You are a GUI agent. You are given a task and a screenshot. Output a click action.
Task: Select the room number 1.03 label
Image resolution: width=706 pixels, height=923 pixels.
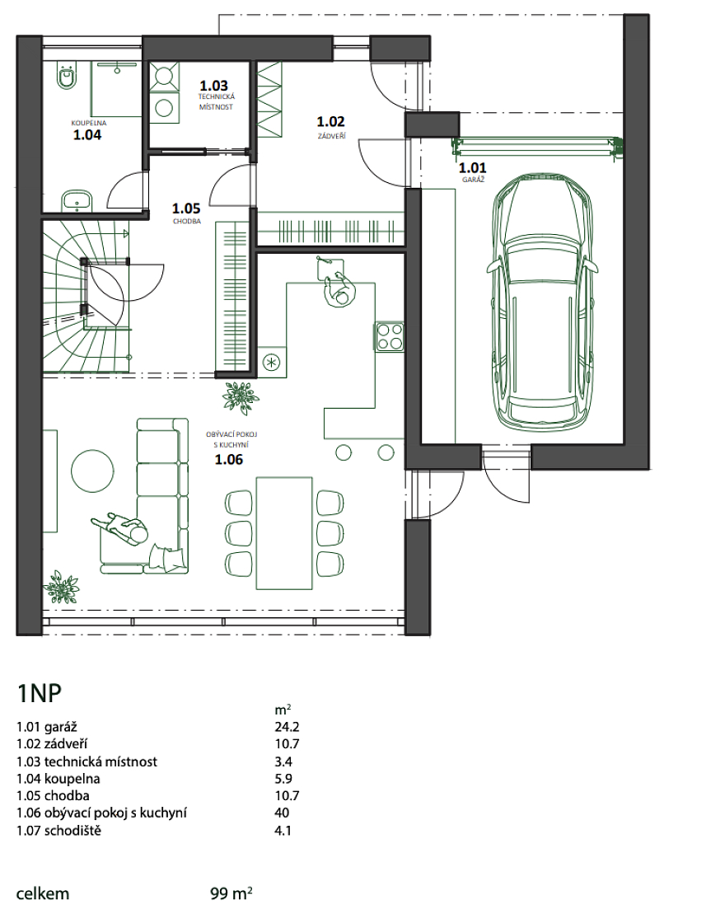pyautogui.click(x=213, y=86)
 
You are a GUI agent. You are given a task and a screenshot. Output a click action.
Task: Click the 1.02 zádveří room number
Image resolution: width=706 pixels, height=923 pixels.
pyautogui.click(x=330, y=122)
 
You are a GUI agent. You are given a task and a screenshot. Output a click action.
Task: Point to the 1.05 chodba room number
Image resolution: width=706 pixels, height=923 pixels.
pyautogui.click(x=186, y=208)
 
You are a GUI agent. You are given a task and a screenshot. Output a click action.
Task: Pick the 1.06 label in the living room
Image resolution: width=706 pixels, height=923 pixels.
pyautogui.click(x=229, y=460)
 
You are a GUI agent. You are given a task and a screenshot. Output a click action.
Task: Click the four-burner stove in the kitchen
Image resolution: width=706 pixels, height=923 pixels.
pyautogui.click(x=389, y=337)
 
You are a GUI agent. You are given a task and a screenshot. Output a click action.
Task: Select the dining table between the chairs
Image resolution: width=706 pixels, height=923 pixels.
pyautogui.click(x=284, y=532)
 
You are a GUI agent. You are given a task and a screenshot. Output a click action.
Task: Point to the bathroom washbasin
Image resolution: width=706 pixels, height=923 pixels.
pyautogui.click(x=77, y=200)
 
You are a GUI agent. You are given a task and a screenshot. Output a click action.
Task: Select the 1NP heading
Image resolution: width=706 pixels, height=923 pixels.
pyautogui.click(x=39, y=694)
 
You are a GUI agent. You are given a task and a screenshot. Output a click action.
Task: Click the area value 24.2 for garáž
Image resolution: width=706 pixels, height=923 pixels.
pyautogui.click(x=288, y=728)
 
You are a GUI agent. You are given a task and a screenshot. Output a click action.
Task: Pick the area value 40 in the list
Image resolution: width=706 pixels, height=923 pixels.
pyautogui.click(x=282, y=813)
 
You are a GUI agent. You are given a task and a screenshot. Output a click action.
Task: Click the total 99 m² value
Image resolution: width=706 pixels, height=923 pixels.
pyautogui.click(x=231, y=893)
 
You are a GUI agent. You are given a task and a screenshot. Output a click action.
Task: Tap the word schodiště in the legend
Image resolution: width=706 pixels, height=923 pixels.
pyautogui.click(x=72, y=832)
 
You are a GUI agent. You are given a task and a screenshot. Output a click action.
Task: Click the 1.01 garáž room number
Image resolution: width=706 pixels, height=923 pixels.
pyautogui.click(x=473, y=168)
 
